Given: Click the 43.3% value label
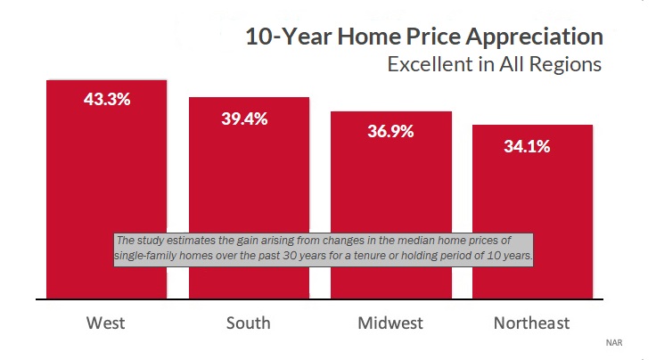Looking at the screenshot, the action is [x=107, y=100].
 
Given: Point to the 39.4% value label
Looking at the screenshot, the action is [x=245, y=119].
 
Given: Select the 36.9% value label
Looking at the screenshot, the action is [x=390, y=131].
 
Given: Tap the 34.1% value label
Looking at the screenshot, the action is [x=527, y=146].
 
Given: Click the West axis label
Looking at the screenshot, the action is [x=106, y=323].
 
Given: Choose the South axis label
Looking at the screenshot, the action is [x=249, y=323].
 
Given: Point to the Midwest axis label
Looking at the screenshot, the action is [x=390, y=323].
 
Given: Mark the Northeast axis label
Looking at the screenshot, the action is [x=532, y=323].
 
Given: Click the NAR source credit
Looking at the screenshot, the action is [x=614, y=343].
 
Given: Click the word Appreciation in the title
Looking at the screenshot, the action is [x=535, y=37].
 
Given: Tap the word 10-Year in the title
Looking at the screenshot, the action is [x=289, y=37].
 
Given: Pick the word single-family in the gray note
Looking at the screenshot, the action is [x=145, y=256].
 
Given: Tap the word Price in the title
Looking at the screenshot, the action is [x=433, y=37].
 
